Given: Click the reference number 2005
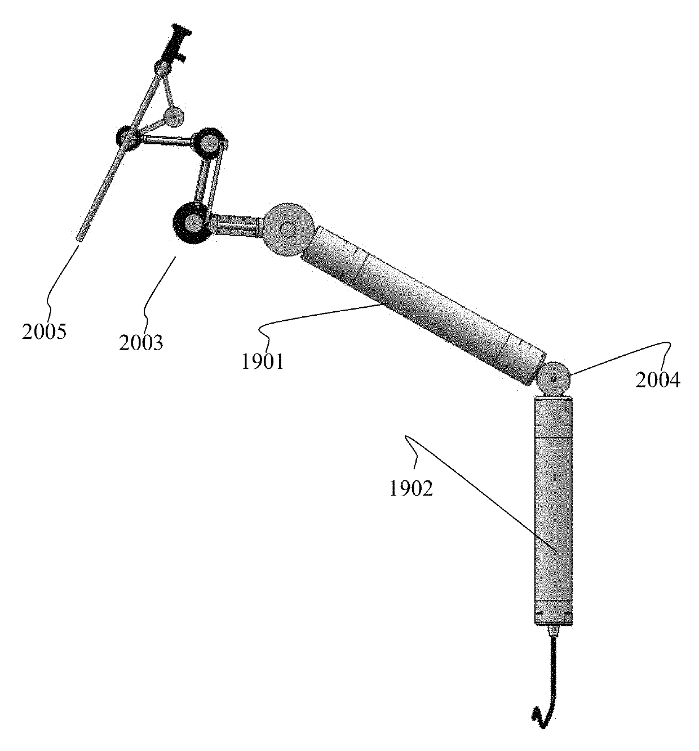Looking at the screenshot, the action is pyautogui.click(x=45, y=332).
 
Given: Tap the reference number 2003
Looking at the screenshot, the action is pyautogui.click(x=141, y=343).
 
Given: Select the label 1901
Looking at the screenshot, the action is pyautogui.click(x=263, y=362).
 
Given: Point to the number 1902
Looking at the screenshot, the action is pyautogui.click(x=411, y=489).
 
